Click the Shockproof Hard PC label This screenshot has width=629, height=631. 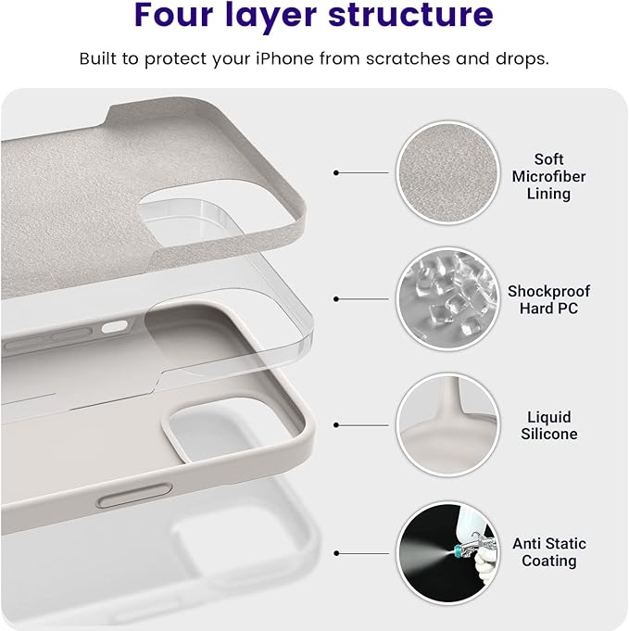(x=548, y=299)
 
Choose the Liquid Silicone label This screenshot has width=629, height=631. (x=548, y=425)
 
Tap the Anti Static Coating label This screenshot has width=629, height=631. (x=548, y=552)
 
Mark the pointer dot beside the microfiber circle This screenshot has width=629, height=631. (x=336, y=172)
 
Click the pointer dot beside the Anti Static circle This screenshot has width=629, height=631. (x=336, y=553)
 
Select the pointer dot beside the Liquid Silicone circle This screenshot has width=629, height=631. (x=336, y=425)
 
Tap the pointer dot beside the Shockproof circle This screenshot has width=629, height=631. (x=336, y=298)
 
